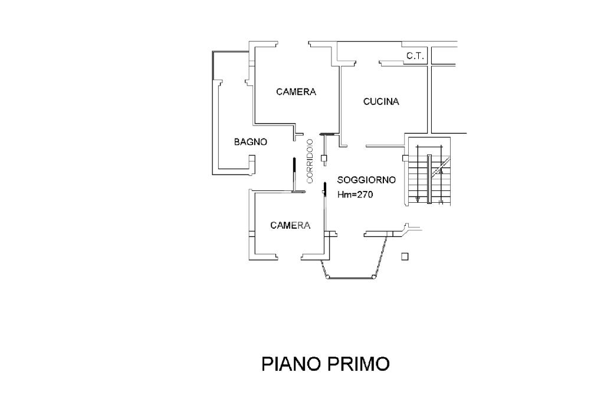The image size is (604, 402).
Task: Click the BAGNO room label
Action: pos(250,142)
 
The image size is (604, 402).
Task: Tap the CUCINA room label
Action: pos(381,101)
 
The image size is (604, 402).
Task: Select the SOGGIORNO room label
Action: pos(366,180)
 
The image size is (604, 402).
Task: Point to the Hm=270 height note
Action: pos(355,195)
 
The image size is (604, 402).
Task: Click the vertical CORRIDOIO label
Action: pos(310,161)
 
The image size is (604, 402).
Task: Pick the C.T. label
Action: pos(415,56)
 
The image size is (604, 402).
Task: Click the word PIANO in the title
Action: pos(291,364)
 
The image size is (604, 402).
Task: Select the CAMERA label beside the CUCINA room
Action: pos(296,91)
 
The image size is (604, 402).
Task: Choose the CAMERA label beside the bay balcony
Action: pos(290,225)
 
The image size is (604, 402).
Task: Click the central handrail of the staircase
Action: pos(429,179)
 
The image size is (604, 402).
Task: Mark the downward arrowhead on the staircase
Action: pos(418,199)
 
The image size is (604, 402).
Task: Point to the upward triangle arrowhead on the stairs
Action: pos(441,171)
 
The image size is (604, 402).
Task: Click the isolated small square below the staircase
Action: pos(405,256)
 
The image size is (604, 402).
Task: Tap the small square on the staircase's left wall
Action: pos(405,158)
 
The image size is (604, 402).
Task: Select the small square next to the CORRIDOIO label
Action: pos(324,157)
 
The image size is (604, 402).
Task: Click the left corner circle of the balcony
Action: pos(327,277)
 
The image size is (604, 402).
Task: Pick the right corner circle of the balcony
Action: pos(373,277)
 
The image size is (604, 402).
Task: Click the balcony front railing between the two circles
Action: pos(350,277)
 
